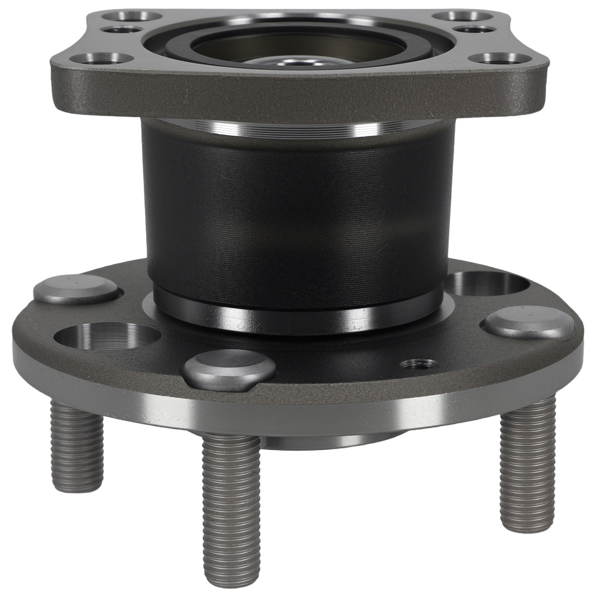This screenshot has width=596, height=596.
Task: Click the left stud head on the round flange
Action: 76,289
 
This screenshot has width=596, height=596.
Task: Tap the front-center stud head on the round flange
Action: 228,368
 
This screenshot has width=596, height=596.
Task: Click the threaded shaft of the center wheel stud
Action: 231,495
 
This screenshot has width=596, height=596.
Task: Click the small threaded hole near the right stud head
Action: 417,364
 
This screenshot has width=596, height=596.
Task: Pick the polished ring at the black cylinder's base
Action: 298,313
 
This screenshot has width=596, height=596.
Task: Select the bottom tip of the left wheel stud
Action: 77,486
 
